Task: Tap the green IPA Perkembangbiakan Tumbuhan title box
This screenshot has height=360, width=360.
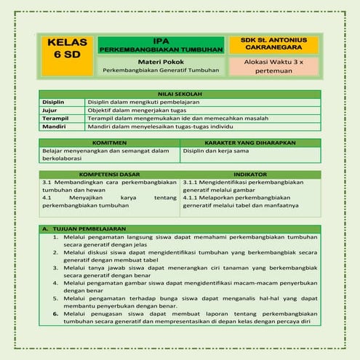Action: pos(161,44)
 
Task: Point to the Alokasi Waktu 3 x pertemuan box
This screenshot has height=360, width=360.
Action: pos(273,67)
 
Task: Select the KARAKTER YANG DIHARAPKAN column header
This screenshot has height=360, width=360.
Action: pos(249,143)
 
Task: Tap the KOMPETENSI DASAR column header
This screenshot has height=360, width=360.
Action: pos(109,175)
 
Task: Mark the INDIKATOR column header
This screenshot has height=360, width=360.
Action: pos(249,175)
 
